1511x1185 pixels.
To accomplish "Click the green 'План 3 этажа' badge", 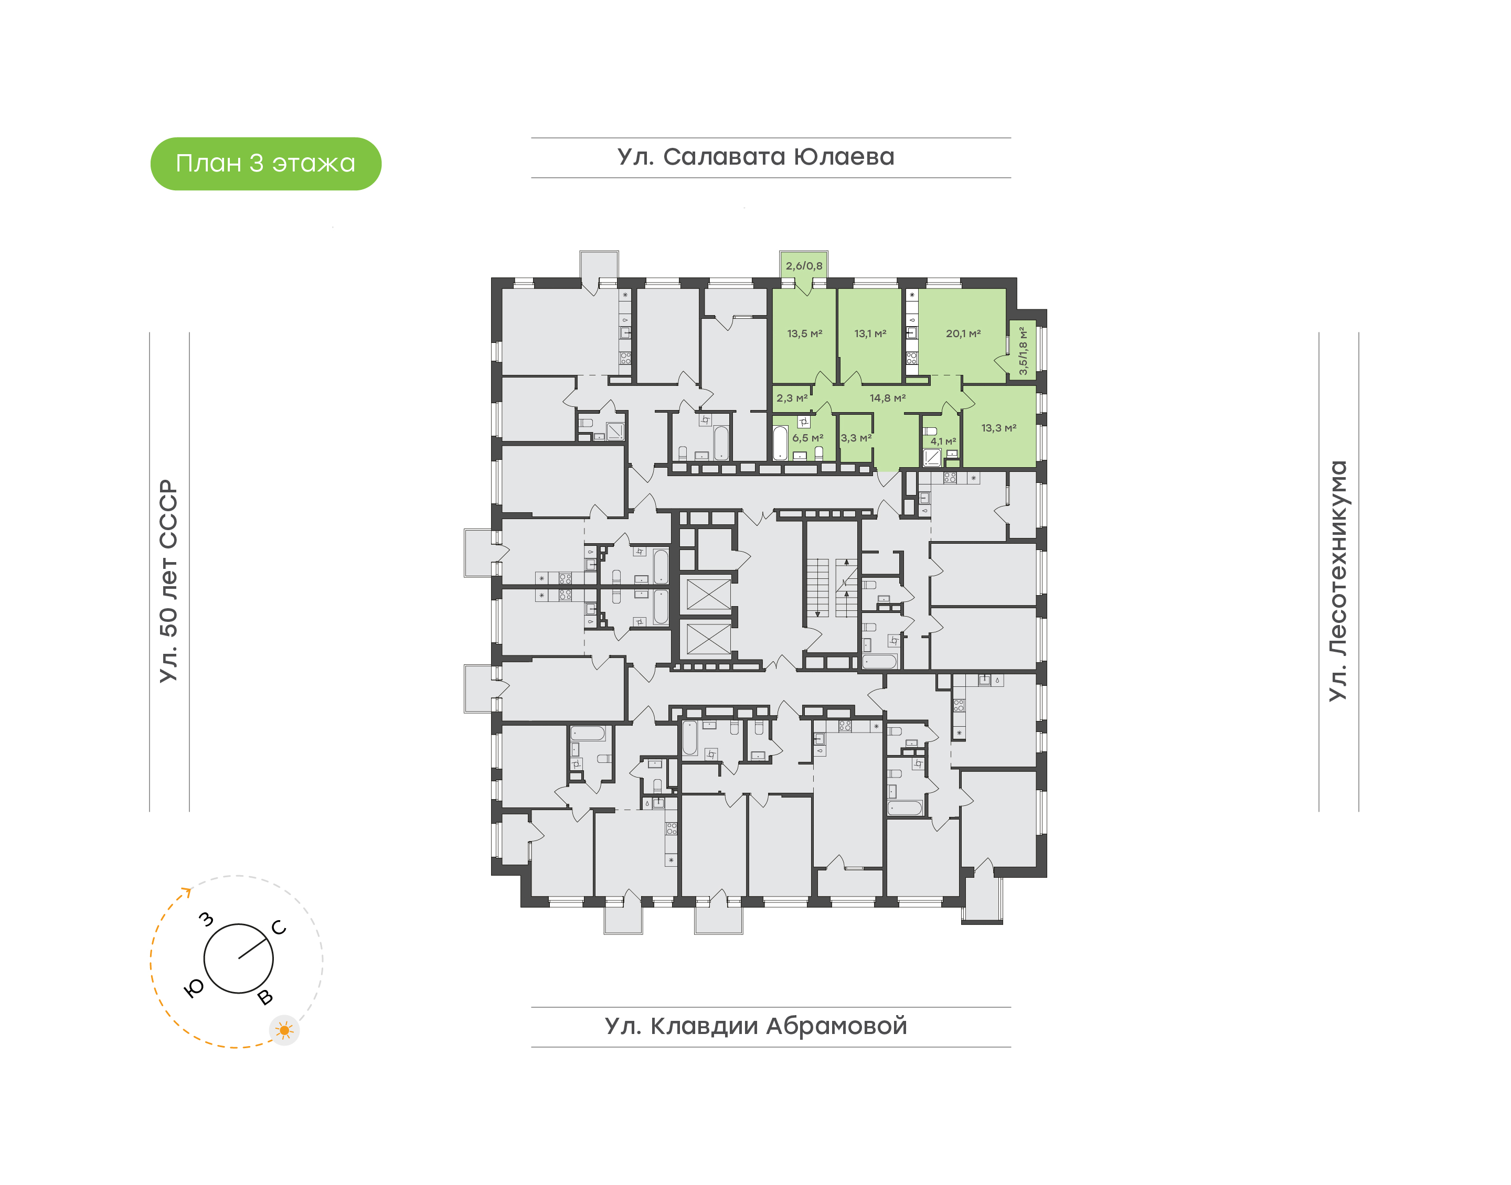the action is (x=266, y=164).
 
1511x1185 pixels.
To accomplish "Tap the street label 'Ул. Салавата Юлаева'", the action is (x=756, y=157).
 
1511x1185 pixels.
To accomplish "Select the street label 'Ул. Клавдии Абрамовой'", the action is (x=756, y=1026).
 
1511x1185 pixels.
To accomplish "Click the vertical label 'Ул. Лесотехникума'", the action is (x=1337, y=581).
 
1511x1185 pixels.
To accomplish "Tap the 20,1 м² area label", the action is (x=963, y=333).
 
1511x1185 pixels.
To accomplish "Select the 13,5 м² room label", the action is (x=804, y=333).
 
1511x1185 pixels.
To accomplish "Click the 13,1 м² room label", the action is (x=870, y=333).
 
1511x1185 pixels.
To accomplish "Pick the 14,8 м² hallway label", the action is (x=888, y=398).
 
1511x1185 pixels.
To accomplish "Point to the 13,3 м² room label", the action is (x=999, y=428).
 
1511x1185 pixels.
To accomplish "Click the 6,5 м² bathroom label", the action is (x=808, y=438).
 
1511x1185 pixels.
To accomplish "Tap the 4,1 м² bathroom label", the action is (x=943, y=441).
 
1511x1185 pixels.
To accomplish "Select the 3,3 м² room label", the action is (x=856, y=438).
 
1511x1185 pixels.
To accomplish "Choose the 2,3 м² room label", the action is (x=792, y=398).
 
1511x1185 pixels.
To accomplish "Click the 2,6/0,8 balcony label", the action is (x=804, y=266).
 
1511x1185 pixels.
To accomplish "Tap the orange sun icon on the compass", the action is (x=284, y=1030).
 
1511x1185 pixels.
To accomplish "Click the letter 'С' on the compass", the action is (x=279, y=928).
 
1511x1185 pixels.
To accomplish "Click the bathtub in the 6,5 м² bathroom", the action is (x=780, y=443).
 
